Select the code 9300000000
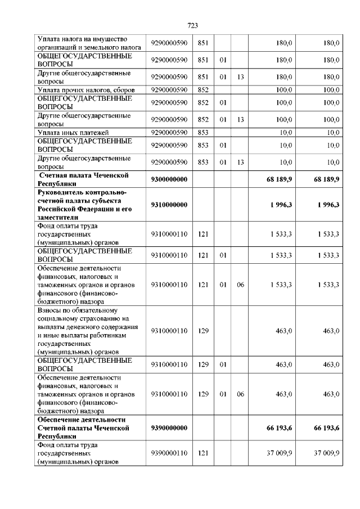(169, 179)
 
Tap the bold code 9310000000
(169, 205)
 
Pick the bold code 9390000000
(169, 429)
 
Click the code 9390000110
(169, 453)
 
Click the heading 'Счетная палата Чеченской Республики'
(85, 179)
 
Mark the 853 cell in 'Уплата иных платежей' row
(204, 133)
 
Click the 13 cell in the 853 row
(240, 162)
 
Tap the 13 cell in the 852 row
(240, 119)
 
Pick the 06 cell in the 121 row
(240, 285)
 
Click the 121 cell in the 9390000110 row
(204, 453)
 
